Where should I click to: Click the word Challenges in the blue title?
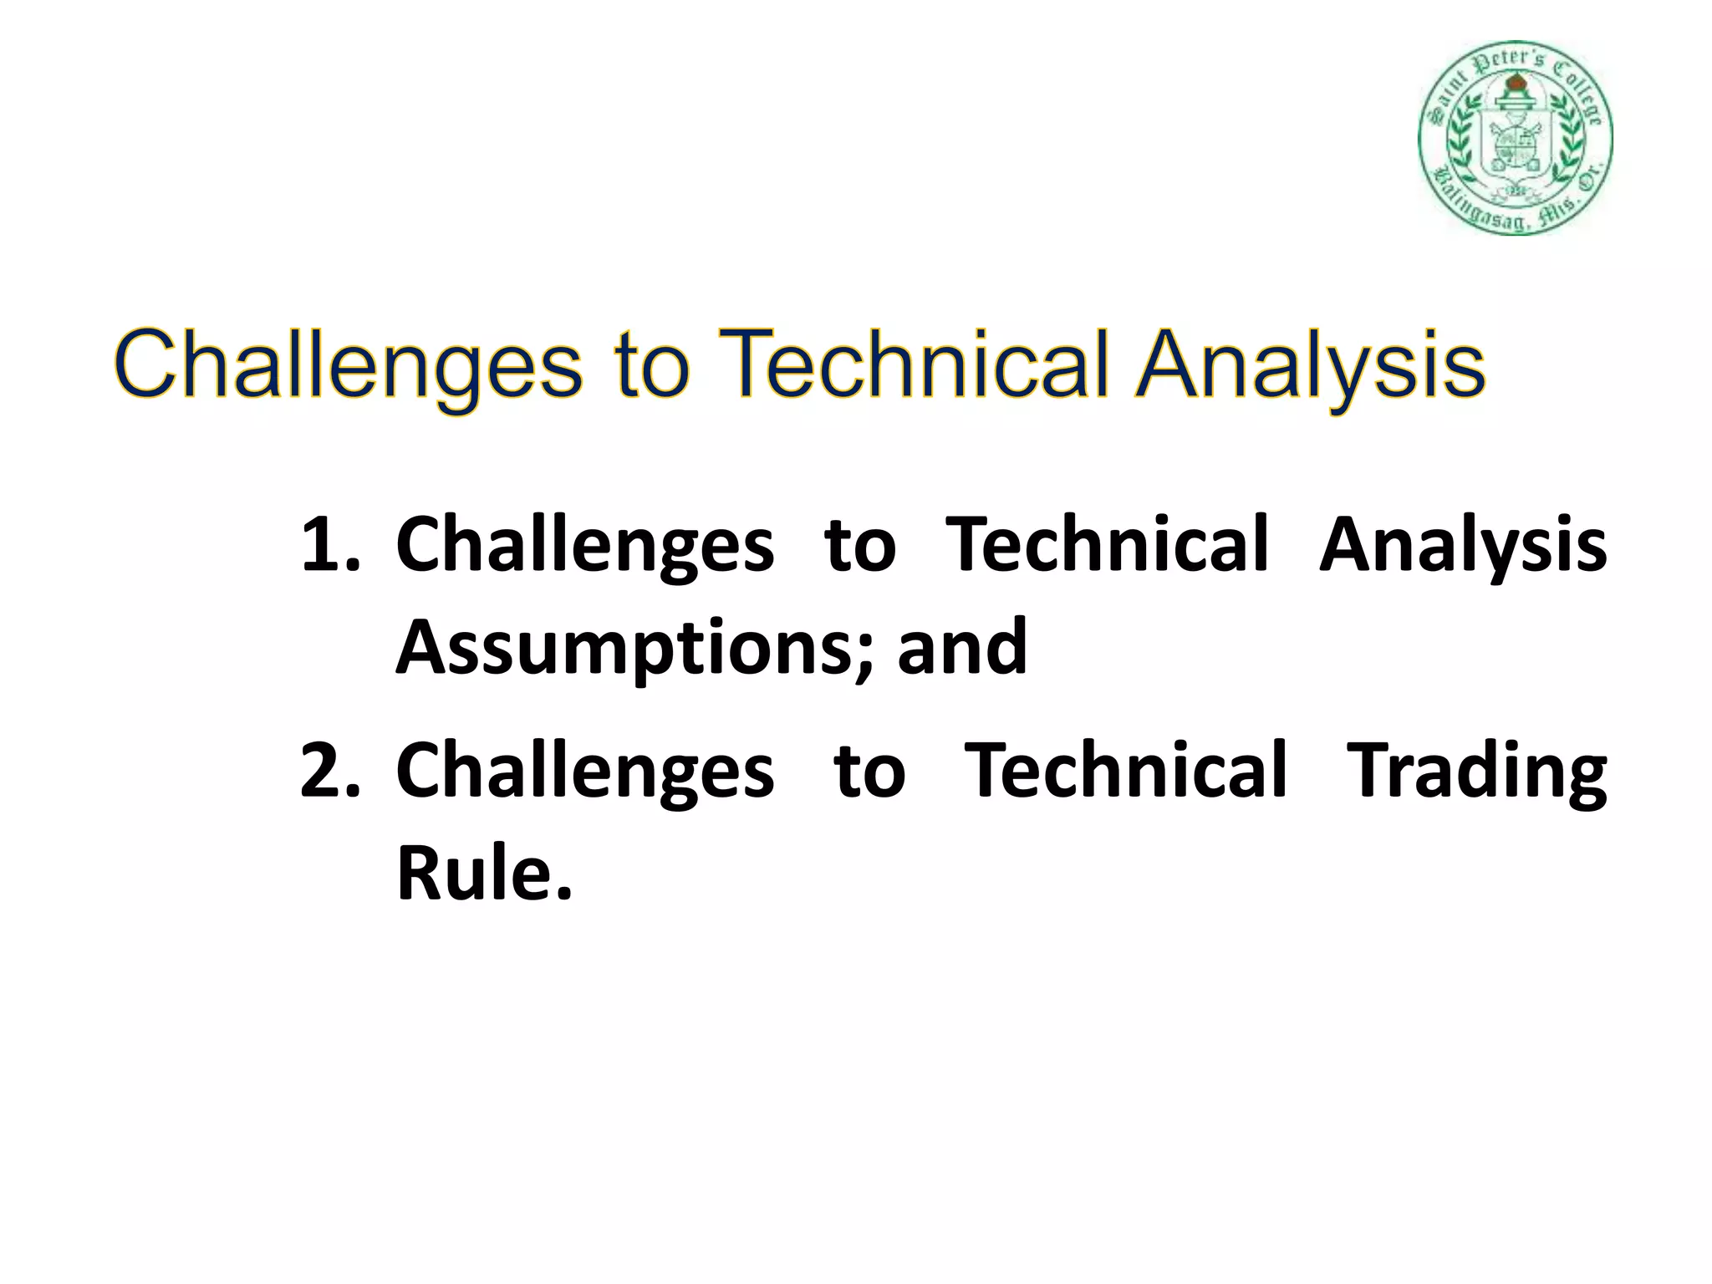pos(348,366)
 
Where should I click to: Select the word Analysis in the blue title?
pos(1310,366)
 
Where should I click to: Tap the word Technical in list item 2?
pos(1125,770)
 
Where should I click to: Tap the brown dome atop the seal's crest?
pos(1515,84)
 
